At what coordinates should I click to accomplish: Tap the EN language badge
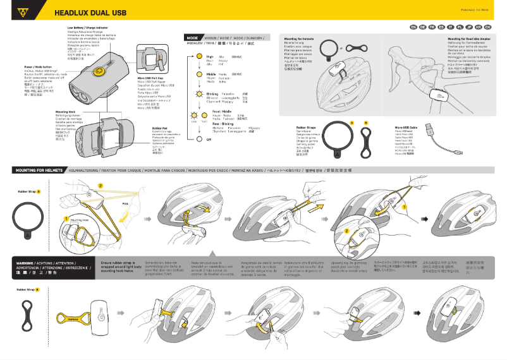(x=413, y=28)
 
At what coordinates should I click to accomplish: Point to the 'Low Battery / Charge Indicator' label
(x=87, y=28)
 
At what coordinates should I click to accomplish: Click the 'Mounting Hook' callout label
(x=65, y=111)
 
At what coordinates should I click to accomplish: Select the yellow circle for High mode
(x=192, y=57)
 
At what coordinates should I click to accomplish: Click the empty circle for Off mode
(x=192, y=139)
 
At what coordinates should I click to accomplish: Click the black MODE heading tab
(x=193, y=38)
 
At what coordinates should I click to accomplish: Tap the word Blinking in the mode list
(x=212, y=93)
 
